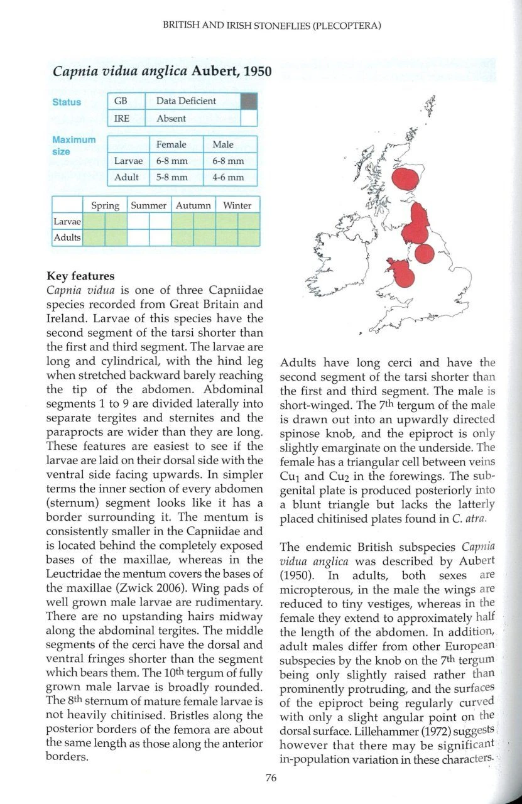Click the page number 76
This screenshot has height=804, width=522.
coord(271,778)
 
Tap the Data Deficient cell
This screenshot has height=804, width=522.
coord(192,101)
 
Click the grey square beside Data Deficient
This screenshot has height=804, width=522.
coord(249,101)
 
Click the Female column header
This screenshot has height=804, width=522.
coord(171,144)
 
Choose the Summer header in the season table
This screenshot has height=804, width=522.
coord(148,205)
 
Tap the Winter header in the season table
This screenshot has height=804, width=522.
coord(237,205)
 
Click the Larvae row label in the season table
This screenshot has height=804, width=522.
coord(67,222)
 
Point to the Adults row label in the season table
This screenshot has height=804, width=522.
coord(67,237)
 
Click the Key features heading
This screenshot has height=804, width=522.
coord(80,276)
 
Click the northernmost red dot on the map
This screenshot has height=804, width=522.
coord(405,178)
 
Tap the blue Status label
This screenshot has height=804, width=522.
coord(67,102)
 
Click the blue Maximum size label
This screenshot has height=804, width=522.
coord(73,145)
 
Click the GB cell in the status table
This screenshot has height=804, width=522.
coord(121,101)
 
